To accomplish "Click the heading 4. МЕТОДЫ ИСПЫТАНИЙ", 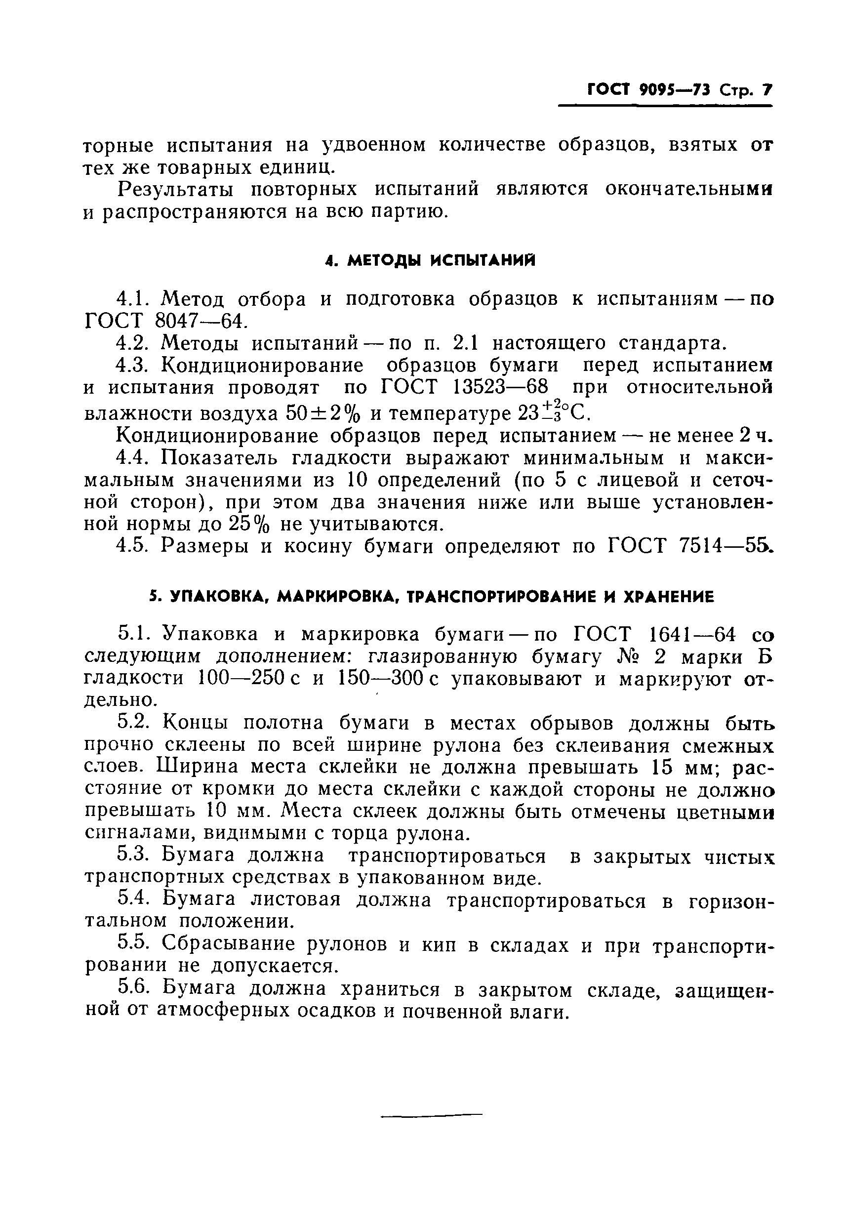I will click(x=430, y=260).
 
